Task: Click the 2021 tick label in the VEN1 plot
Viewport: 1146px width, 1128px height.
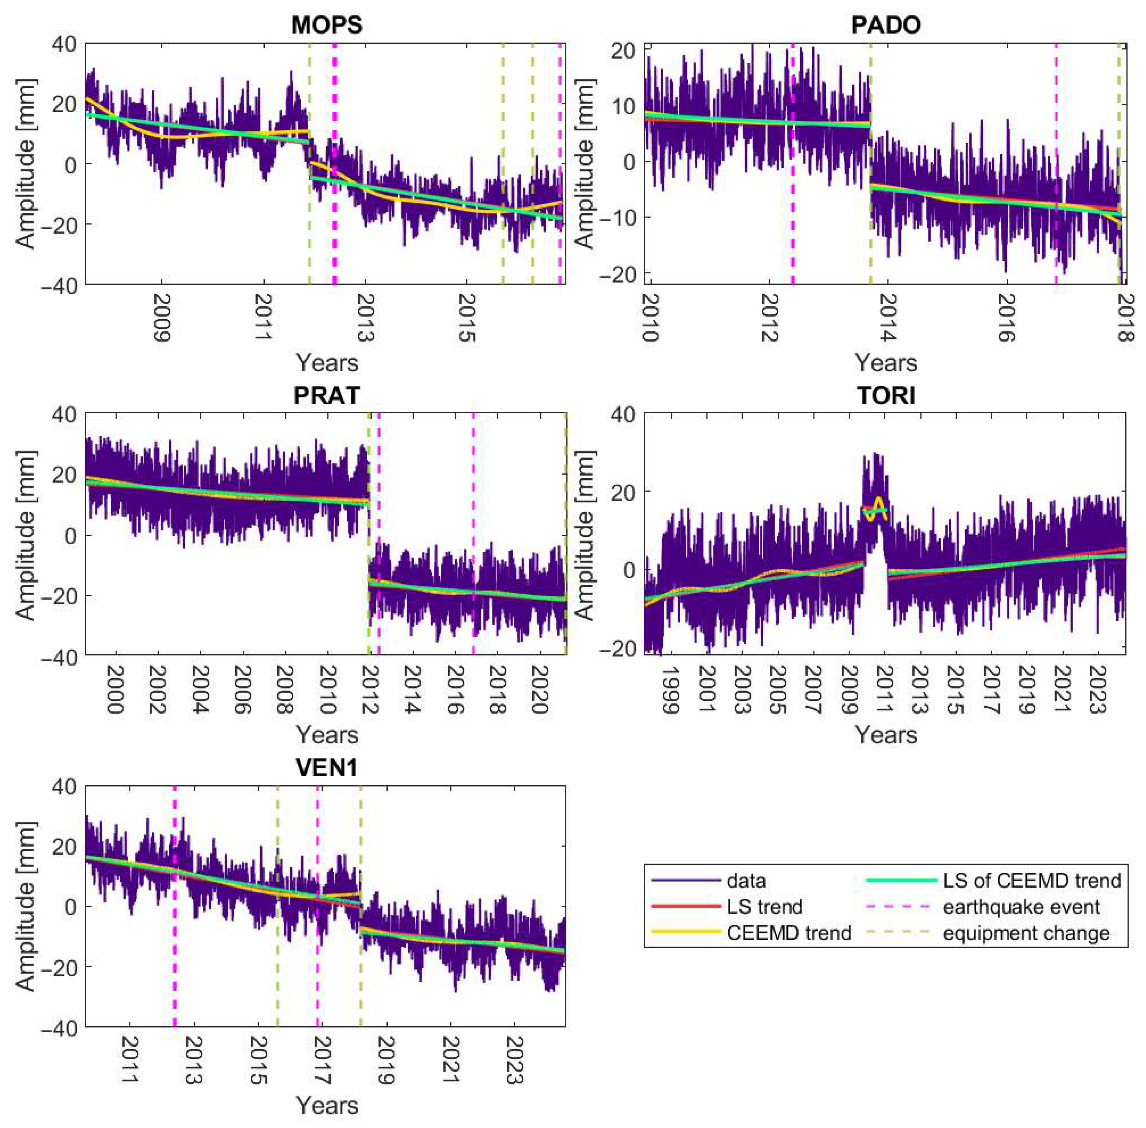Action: (451, 1062)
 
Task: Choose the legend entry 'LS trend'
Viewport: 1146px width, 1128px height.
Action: (764, 906)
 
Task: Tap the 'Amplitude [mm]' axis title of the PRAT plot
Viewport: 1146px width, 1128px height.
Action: (25, 535)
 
